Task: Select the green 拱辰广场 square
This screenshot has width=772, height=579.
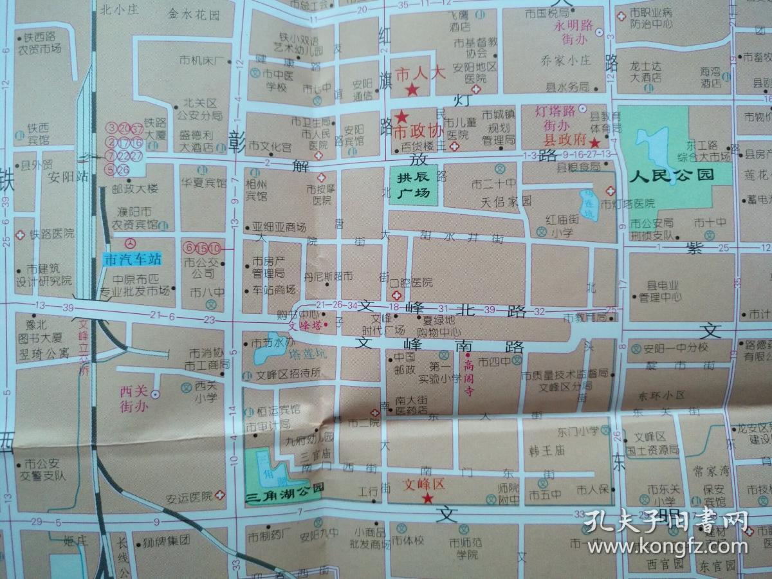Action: pos(410,185)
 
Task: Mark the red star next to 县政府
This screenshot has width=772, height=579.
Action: pos(595,142)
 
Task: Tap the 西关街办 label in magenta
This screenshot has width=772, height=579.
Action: pos(134,399)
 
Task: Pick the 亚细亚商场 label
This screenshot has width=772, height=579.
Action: pos(279,226)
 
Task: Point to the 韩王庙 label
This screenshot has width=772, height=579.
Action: pos(546,450)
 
